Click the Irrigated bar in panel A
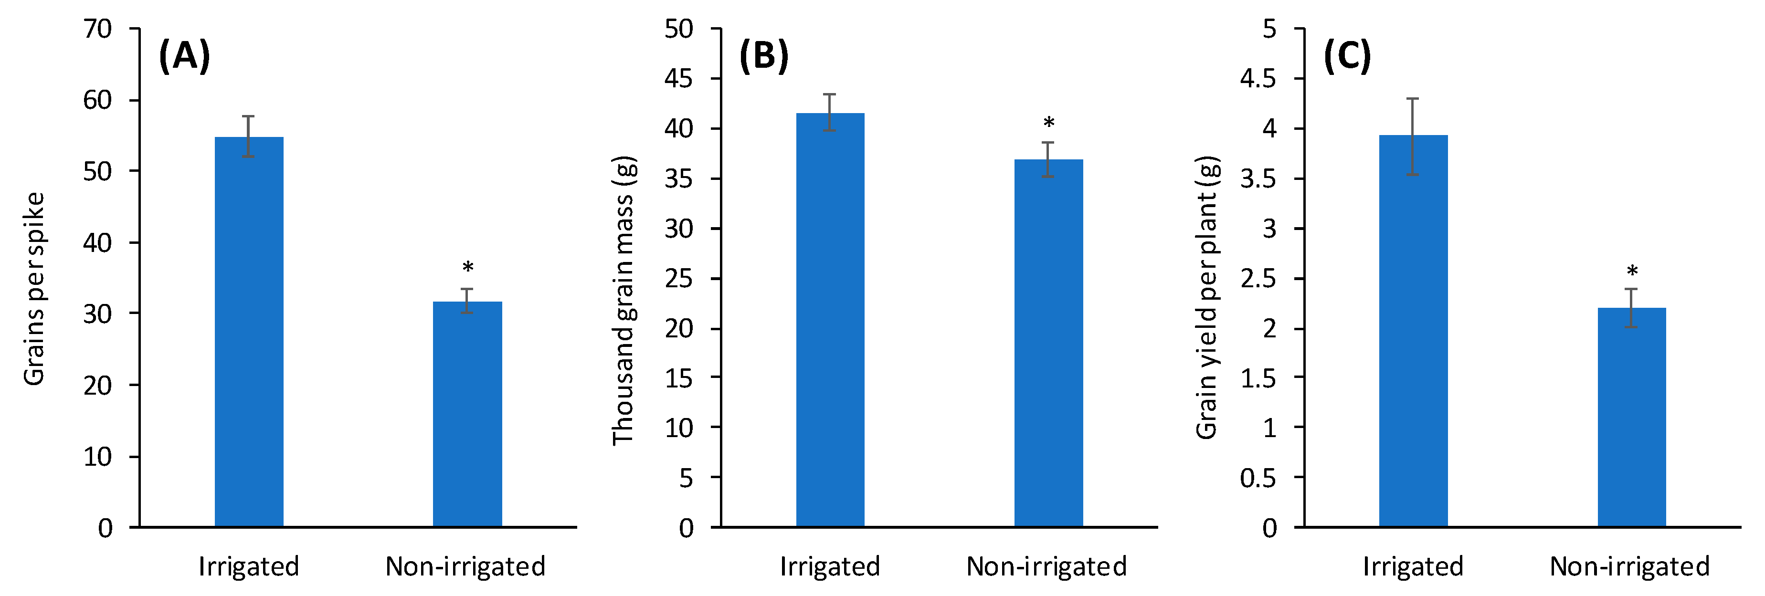coord(249,332)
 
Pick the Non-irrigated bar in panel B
coord(1048,343)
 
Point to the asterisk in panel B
coord(1048,123)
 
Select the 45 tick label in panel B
coord(678,79)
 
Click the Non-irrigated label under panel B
coord(1046,566)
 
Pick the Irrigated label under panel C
coord(1413,566)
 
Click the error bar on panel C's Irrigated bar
coord(1413,136)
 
